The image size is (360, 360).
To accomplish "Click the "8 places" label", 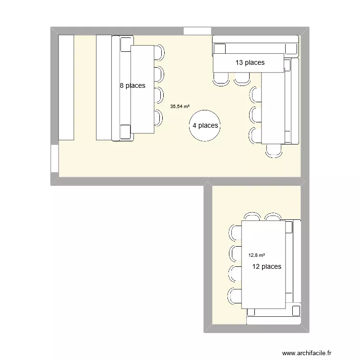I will [132, 86].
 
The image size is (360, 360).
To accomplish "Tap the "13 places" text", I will [250, 62].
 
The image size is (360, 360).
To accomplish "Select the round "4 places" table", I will [205, 126].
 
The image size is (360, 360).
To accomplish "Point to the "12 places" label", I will [267, 266].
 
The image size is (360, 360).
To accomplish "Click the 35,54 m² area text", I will [180, 107].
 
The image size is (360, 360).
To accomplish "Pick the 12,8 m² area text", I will [257, 256].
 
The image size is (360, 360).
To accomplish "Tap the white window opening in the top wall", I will [198, 31].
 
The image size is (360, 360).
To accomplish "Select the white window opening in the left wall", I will [54, 159].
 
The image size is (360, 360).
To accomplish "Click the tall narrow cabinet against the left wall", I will [66, 87].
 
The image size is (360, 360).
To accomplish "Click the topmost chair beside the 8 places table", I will [159, 51].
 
